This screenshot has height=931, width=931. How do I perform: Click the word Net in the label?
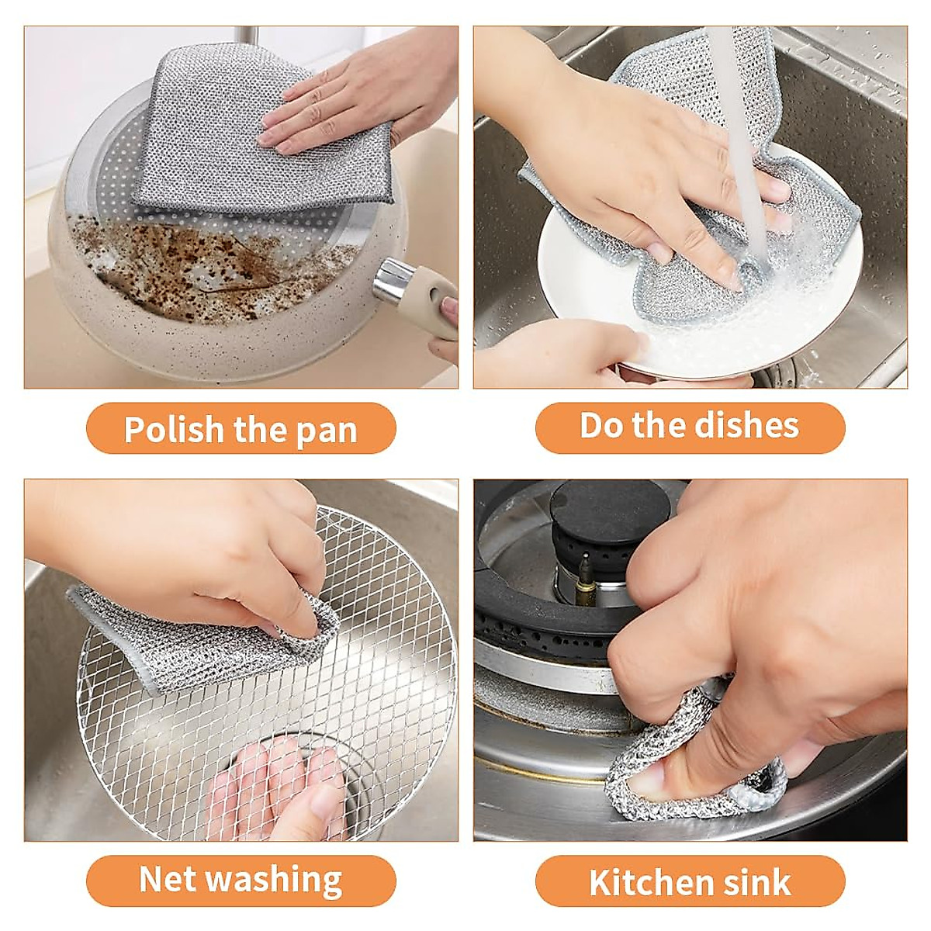coord(168,880)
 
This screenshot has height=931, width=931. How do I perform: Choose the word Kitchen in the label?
coord(645,883)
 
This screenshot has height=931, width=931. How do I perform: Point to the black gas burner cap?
coord(597,512)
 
